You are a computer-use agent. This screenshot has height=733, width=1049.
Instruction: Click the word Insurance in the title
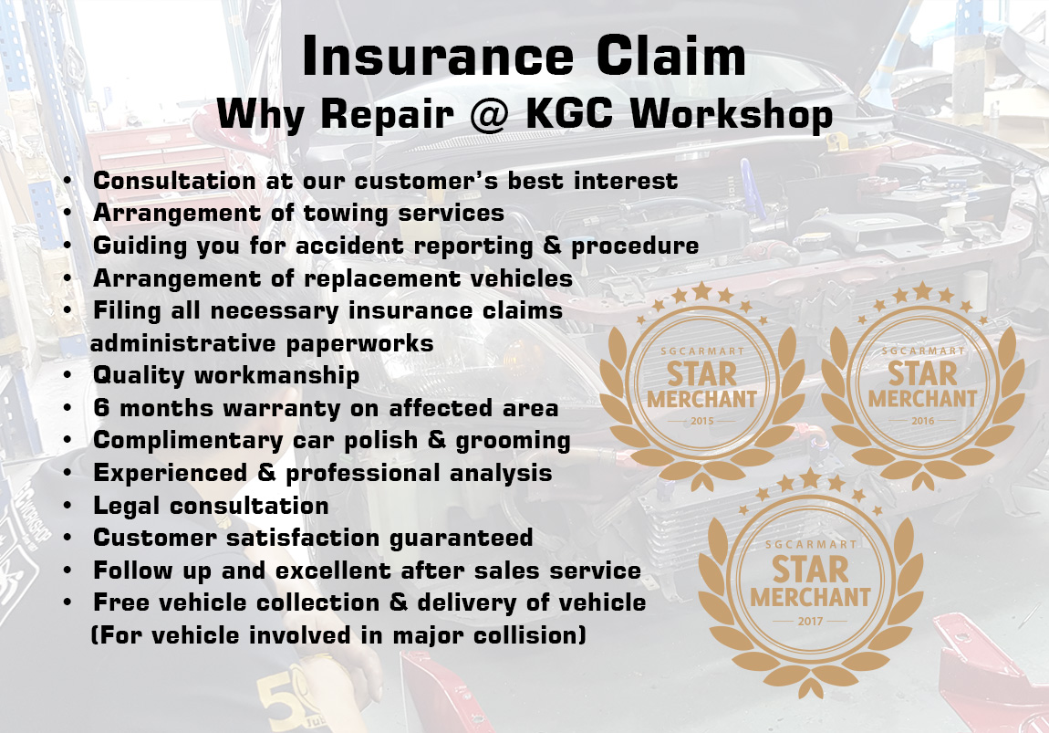coord(438,56)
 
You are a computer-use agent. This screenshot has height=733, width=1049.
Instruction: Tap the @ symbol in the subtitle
coord(490,114)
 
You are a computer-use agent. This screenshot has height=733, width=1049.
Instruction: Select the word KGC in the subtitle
coord(569,113)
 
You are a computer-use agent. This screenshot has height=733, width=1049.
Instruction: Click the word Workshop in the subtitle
coord(732,114)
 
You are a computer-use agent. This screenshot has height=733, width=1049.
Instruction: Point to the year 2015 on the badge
coord(701,421)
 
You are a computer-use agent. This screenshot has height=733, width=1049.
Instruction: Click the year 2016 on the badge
coord(922,421)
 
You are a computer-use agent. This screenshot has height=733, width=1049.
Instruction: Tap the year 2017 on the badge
coord(810,622)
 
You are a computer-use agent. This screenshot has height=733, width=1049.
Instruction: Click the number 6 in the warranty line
coord(101,408)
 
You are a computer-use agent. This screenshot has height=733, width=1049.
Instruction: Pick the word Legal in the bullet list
coord(127,506)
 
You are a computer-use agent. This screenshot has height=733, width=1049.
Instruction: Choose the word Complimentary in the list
coord(188,441)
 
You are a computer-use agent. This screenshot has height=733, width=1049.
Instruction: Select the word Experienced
coord(171,473)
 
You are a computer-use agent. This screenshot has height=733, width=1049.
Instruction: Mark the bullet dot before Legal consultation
coord(68,506)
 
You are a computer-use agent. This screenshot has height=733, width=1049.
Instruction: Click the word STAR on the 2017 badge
coord(810,570)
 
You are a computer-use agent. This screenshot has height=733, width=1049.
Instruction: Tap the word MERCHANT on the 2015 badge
coord(701,400)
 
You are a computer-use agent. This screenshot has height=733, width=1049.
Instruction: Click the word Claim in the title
coord(671,56)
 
